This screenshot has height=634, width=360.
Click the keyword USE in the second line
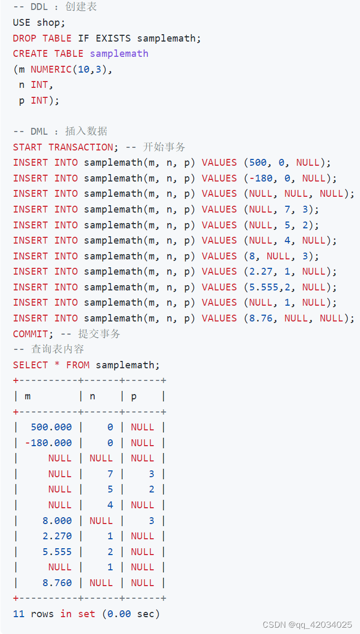(22, 23)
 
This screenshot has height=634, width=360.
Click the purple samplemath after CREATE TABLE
(119, 54)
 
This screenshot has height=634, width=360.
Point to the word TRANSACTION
(81, 147)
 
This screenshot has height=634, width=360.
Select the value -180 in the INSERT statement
(261, 178)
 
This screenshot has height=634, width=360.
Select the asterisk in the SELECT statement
(57, 365)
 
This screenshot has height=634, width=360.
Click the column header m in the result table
(27, 396)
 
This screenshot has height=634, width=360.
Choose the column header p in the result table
(134, 396)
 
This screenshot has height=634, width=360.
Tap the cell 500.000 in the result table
(51, 427)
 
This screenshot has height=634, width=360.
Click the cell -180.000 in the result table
(48, 443)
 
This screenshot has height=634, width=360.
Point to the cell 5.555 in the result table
(57, 552)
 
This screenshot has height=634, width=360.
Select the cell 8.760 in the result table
(57, 583)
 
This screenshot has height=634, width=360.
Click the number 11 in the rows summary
(18, 614)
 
